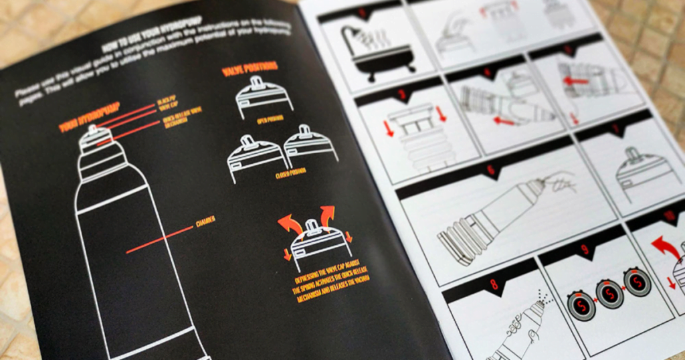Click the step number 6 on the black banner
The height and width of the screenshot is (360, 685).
tap(491, 171)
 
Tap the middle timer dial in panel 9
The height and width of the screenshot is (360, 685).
tap(609, 294)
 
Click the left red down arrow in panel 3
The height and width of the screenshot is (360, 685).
tap(389, 127)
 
